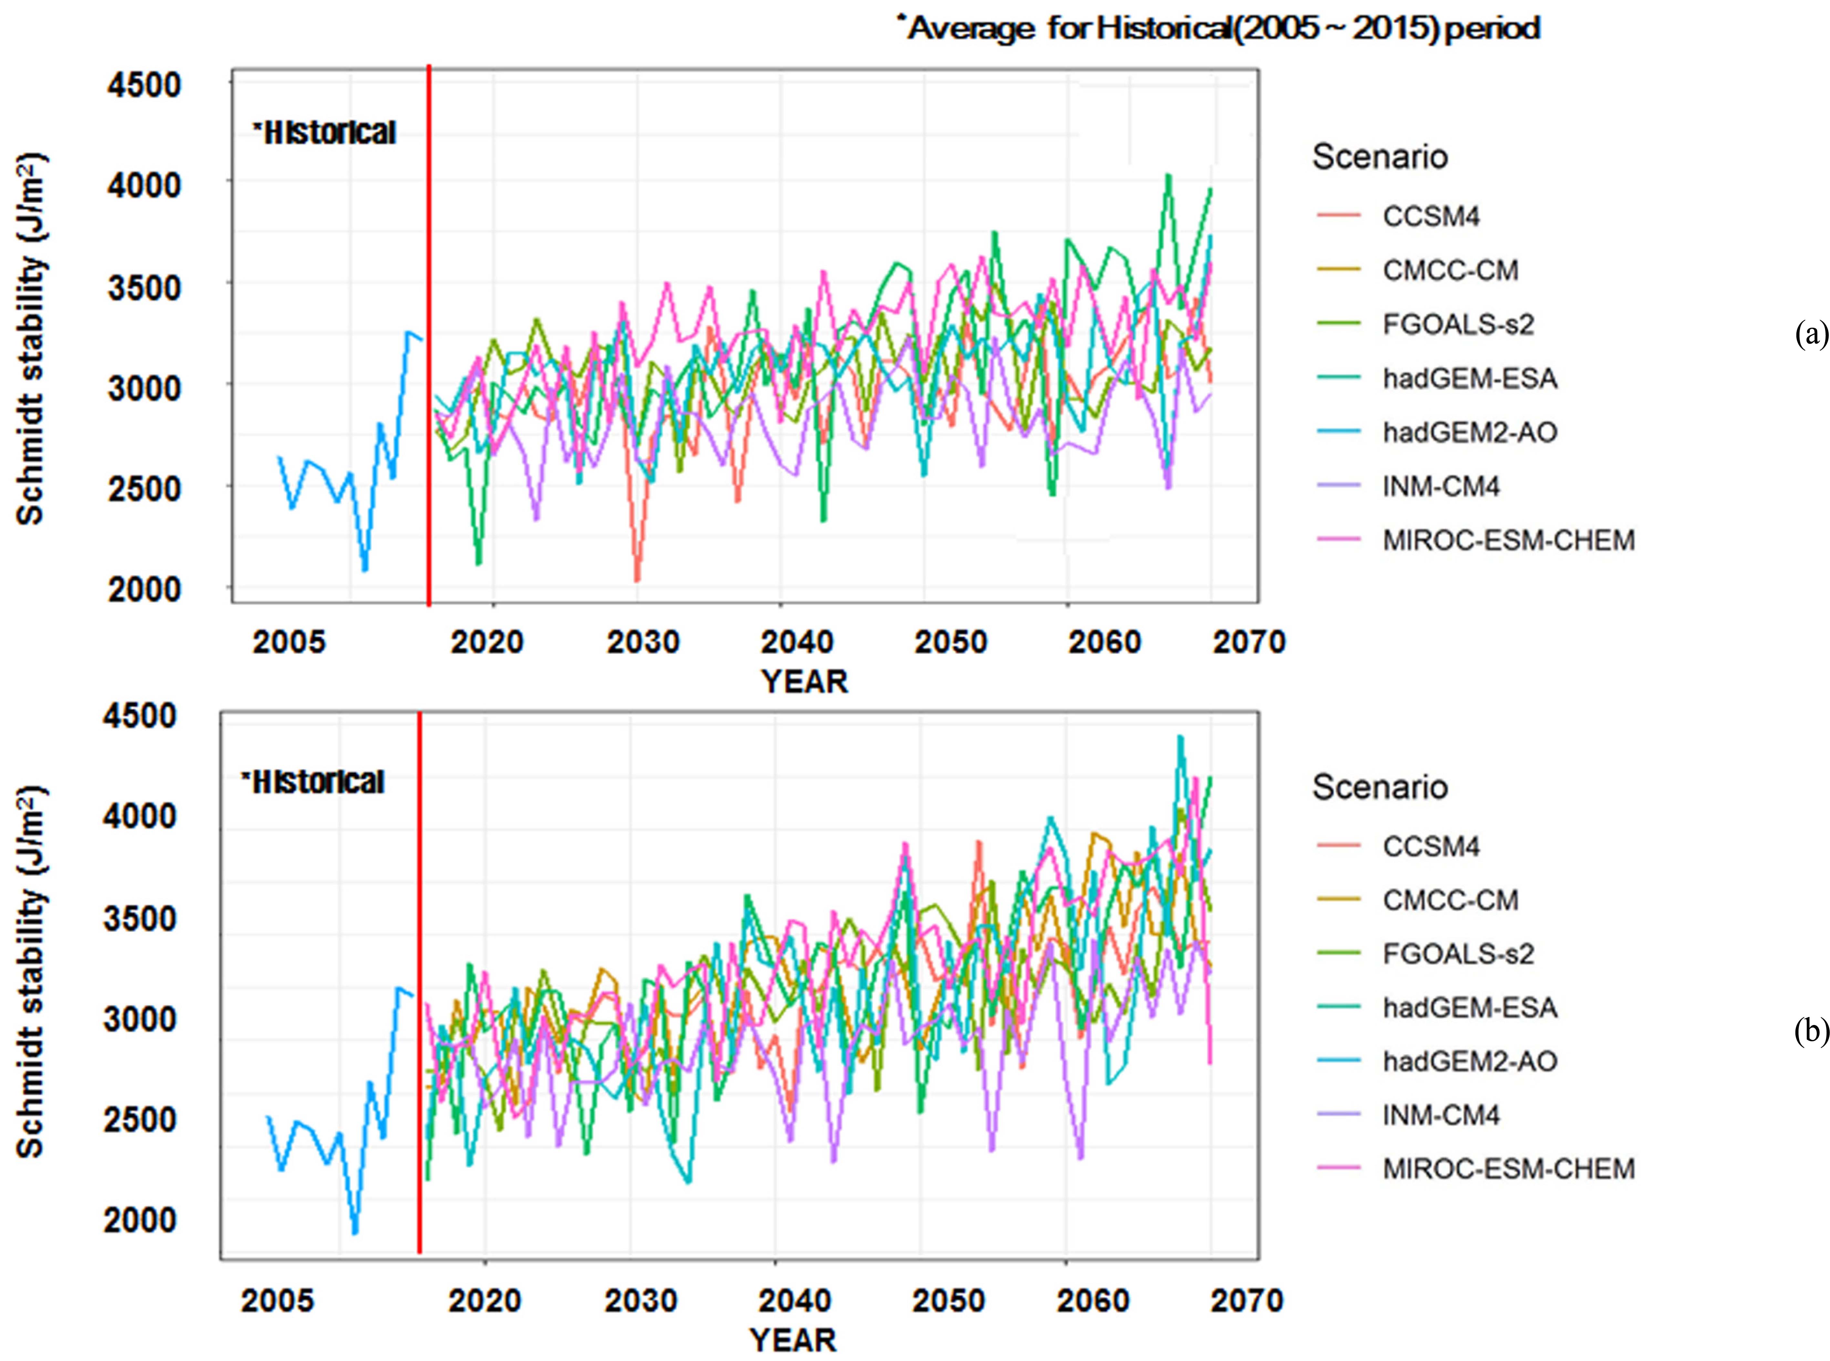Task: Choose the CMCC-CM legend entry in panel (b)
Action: (x=1450, y=900)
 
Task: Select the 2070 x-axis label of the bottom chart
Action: (x=1247, y=1300)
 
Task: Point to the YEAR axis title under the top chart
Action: (x=804, y=681)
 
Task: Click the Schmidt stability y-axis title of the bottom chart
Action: (x=31, y=972)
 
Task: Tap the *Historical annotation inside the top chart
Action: (x=325, y=133)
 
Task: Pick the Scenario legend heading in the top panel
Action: (x=1379, y=157)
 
